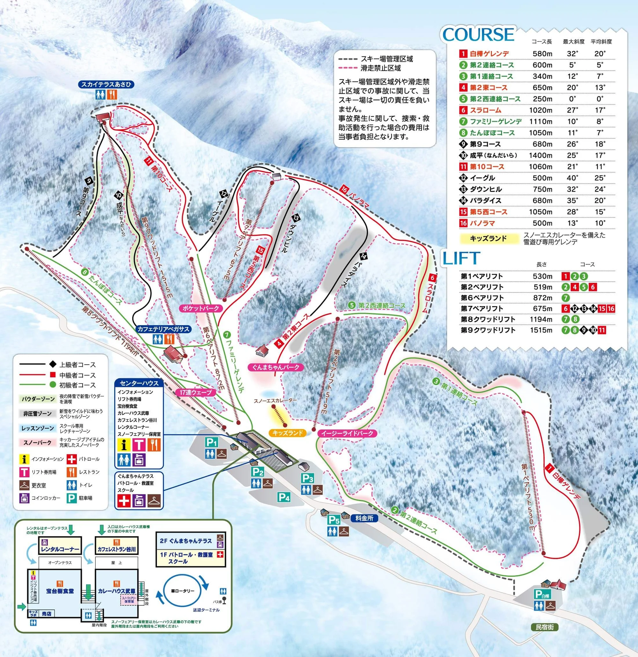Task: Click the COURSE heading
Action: pyautogui.click(x=478, y=34)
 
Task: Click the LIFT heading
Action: pyautogui.click(x=461, y=259)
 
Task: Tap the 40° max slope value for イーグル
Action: pyautogui.click(x=572, y=178)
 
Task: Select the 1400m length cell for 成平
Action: pyautogui.click(x=540, y=156)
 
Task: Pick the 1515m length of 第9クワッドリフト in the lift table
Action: pyautogui.click(x=541, y=330)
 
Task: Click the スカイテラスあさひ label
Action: pyautogui.click(x=106, y=84)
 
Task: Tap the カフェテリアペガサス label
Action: pyautogui.click(x=163, y=329)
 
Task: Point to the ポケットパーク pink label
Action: pyautogui.click(x=201, y=308)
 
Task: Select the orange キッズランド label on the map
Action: pyautogui.click(x=287, y=433)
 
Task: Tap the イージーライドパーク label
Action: pyautogui.click(x=347, y=433)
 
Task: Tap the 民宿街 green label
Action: pyautogui.click(x=545, y=627)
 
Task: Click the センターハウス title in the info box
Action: pyautogui.click(x=139, y=383)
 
